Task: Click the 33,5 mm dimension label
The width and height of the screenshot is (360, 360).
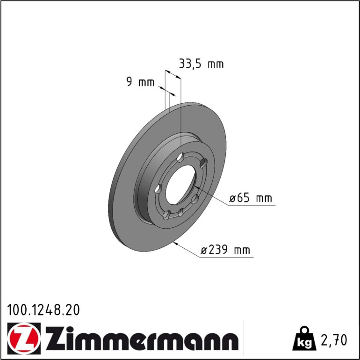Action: [x=201, y=64]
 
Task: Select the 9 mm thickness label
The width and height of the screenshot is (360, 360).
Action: [x=141, y=82]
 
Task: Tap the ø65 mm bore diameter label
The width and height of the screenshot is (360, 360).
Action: [x=251, y=198]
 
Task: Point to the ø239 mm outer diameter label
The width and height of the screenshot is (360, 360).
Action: [x=225, y=249]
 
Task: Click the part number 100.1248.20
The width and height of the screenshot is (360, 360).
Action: [x=43, y=310]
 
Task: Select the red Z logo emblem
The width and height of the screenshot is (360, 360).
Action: [x=24, y=338]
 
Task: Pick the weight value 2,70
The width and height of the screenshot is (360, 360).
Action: [x=334, y=340]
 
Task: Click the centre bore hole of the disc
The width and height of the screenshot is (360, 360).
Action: [x=180, y=184]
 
